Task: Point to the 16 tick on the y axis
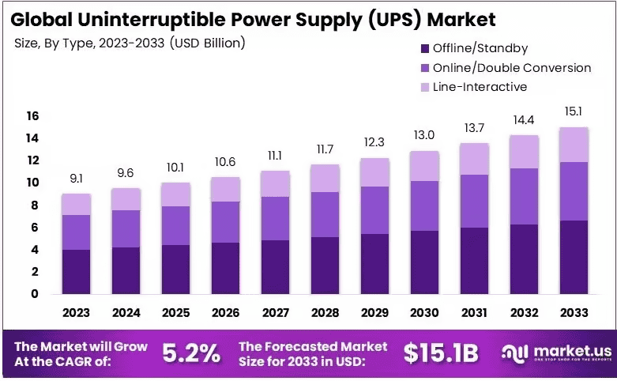(x=32, y=116)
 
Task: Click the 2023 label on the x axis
(x=77, y=311)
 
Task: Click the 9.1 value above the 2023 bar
(x=77, y=179)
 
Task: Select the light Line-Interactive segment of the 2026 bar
(x=224, y=189)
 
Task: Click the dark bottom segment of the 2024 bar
(x=126, y=270)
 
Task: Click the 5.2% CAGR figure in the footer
(x=191, y=353)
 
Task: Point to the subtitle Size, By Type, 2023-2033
(x=130, y=43)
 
